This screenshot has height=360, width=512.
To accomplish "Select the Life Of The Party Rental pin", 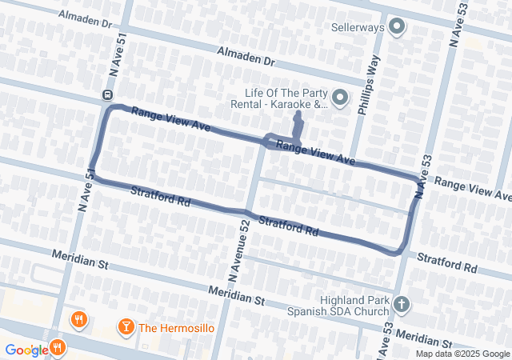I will pyautogui.click(x=340, y=98).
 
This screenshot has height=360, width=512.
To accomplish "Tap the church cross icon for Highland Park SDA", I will pyautogui.click(x=401, y=304).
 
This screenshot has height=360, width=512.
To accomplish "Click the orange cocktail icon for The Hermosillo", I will pyautogui.click(x=125, y=326).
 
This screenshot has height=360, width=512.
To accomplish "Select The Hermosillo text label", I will pyautogui.click(x=174, y=327).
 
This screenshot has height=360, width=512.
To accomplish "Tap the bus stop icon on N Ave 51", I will pyautogui.click(x=106, y=94).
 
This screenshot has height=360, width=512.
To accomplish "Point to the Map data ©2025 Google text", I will pyautogui.click(x=462, y=354).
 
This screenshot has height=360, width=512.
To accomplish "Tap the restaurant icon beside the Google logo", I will pyautogui.click(x=58, y=348).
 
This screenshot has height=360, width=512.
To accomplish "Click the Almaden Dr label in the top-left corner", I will pyautogui.click(x=84, y=20).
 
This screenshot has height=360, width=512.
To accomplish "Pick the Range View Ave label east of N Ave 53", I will pyautogui.click(x=472, y=189).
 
